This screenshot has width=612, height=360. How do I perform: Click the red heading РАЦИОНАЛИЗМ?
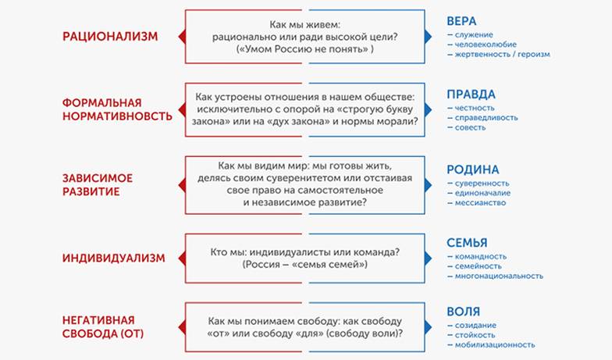pos(109,36)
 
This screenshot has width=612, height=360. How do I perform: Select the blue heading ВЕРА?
pos(462,20)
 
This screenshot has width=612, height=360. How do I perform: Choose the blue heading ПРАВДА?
pos(471,94)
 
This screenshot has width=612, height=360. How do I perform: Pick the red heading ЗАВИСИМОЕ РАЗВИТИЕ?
pos(97,184)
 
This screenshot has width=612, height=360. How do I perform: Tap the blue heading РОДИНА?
pos(472,169)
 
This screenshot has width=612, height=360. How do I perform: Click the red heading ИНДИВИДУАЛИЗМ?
pos(114,258)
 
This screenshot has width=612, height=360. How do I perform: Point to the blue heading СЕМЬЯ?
pos(467,242)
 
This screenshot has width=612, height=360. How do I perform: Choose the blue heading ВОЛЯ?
pos(463,311)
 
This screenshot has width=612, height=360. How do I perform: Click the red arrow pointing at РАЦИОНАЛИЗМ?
pos(181,36)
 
